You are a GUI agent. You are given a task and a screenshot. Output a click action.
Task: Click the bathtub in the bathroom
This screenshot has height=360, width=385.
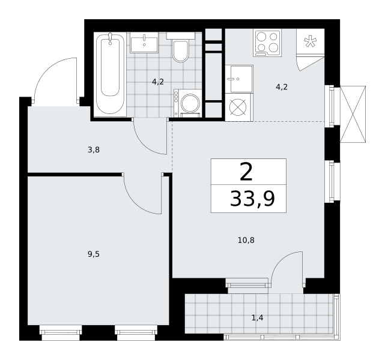pos(110,74)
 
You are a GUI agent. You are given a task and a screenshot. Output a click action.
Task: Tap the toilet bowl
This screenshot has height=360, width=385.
pos(180,51)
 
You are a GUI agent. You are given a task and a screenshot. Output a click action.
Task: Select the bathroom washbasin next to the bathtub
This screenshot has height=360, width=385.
pos(144,45)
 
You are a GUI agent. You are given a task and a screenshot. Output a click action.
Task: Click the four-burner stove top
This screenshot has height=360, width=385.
pos(267,43)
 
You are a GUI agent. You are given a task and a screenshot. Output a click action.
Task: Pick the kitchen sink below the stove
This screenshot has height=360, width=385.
pos(239,79)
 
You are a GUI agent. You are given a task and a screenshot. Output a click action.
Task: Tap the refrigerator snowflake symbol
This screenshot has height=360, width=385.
pos(311,41)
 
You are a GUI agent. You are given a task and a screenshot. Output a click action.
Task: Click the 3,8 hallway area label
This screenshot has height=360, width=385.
pos(94,149)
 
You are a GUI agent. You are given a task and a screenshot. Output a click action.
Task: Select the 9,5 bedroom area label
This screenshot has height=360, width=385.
pos(94,254)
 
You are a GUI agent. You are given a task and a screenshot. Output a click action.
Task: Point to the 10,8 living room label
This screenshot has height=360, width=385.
pos(246,240)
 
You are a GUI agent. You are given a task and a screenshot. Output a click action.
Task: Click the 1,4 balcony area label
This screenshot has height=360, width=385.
pos(257,318)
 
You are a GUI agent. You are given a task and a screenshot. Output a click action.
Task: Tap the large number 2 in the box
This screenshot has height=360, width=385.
pos(246,172)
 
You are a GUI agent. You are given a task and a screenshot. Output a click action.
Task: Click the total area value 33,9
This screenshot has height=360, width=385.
pos(252,199)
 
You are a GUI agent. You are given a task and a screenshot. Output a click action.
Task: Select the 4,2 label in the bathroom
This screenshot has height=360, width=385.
pos(157,82)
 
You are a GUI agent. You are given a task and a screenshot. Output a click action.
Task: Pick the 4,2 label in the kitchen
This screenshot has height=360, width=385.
pos(282,87)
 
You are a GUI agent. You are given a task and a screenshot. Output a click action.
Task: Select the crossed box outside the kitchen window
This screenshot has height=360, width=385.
pos(353,114)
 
